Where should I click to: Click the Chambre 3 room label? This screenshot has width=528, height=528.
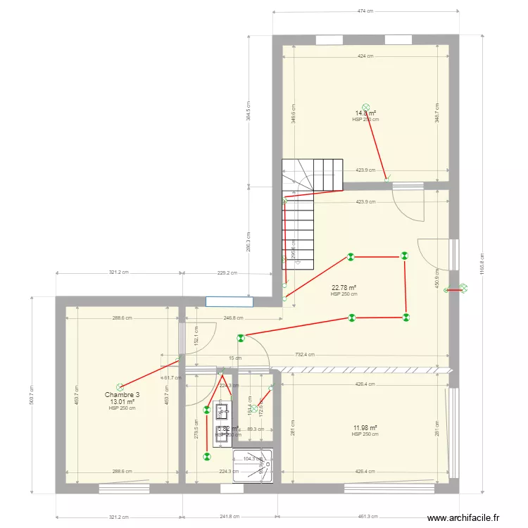click(122, 395)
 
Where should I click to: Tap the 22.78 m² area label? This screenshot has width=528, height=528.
click(344, 287)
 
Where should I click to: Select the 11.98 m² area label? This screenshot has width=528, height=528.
click(365, 427)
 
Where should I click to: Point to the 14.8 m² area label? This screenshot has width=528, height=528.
click(365, 113)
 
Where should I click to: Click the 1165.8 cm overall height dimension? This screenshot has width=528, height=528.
click(482, 265)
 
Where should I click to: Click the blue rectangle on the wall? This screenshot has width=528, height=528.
click(230, 301)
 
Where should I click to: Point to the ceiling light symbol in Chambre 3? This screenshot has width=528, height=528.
click(120, 386)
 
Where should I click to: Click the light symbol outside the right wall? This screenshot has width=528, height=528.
click(463, 287)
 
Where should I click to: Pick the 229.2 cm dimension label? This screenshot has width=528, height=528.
click(227, 273)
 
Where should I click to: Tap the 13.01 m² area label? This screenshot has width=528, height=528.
click(122, 402)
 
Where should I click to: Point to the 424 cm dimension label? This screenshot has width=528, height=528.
click(365, 56)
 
